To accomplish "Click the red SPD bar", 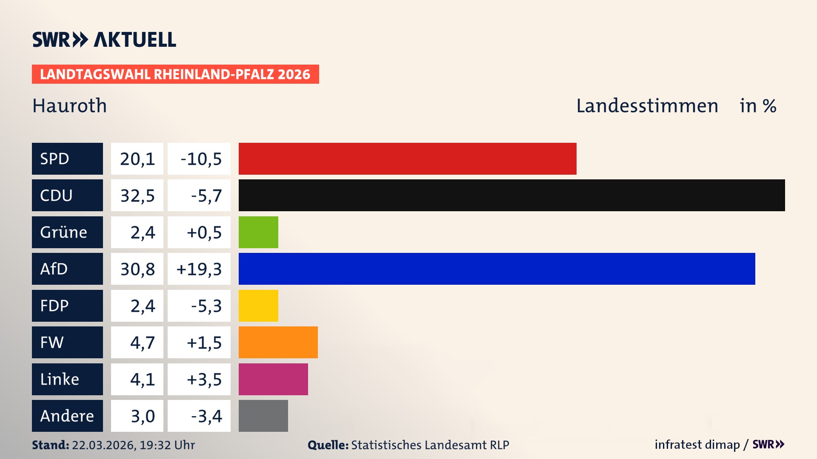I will click(407, 159).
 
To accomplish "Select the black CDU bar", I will click(511, 195).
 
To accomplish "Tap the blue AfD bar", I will click(497, 269).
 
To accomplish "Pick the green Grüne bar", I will click(258, 232).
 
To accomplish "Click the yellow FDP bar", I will click(258, 306).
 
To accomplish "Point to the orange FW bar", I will click(278, 342).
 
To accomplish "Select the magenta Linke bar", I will click(273, 379).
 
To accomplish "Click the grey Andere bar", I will click(263, 416).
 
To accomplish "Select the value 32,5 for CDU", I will click(137, 195).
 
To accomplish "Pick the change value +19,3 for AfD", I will click(199, 269).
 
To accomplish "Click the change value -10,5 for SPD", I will click(201, 159).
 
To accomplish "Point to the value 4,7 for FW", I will click(142, 343).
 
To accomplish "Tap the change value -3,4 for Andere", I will click(206, 416).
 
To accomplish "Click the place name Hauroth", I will click(70, 106).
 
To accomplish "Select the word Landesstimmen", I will click(647, 106).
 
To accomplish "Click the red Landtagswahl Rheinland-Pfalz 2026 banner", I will click(175, 74).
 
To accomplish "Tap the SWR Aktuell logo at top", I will click(104, 40).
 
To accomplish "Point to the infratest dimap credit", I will click(697, 445).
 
